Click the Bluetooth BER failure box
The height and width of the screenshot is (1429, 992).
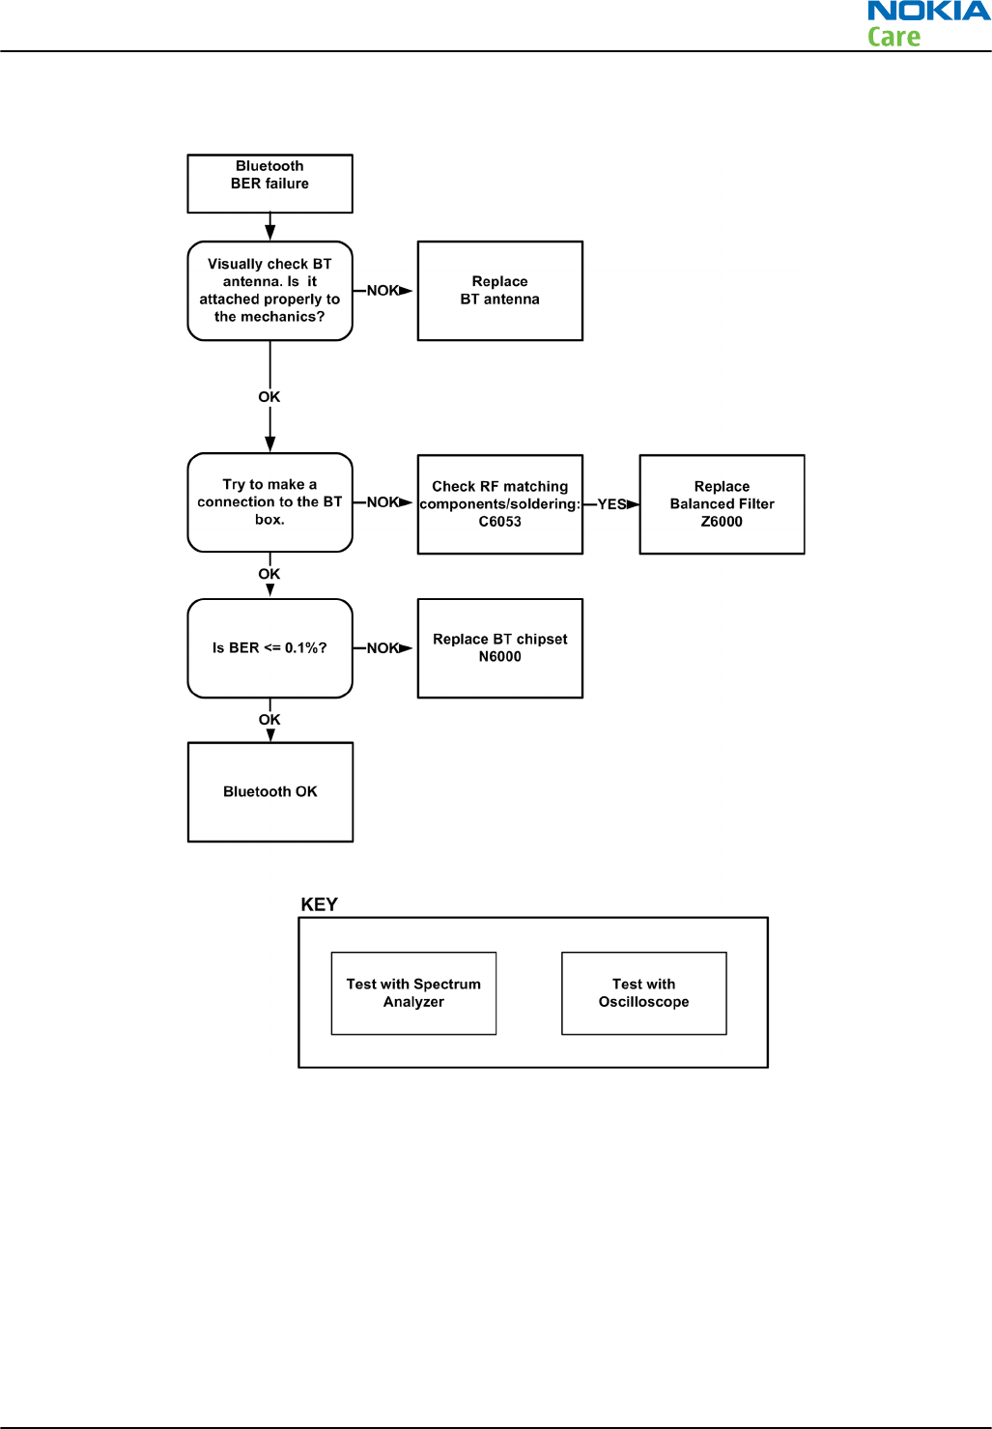click(x=269, y=184)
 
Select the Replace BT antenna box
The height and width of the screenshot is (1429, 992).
click(x=500, y=291)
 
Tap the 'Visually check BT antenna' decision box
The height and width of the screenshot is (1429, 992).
click(x=269, y=291)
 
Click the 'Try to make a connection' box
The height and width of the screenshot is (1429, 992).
click(x=269, y=502)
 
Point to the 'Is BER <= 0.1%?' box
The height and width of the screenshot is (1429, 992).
click(x=269, y=648)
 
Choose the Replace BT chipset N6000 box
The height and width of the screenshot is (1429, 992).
click(x=500, y=648)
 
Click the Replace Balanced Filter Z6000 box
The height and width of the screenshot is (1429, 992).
click(x=723, y=504)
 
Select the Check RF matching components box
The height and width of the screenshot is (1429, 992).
click(x=500, y=504)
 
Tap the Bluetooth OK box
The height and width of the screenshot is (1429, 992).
click(x=270, y=792)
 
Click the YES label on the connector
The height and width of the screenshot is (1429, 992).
click(x=611, y=504)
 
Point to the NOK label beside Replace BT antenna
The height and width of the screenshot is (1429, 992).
click(x=383, y=291)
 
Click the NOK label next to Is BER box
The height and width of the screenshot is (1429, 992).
click(x=383, y=648)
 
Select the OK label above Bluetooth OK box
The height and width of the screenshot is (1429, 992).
click(x=269, y=720)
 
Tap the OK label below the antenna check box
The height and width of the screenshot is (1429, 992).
click(x=269, y=397)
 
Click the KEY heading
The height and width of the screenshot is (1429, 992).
click(x=319, y=904)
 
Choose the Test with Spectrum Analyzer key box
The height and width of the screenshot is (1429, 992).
click(x=414, y=993)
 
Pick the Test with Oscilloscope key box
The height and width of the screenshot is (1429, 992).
click(x=644, y=993)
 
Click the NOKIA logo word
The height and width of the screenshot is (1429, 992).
click(x=929, y=11)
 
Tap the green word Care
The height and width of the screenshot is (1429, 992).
click(x=893, y=37)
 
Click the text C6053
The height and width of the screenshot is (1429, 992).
click(x=500, y=522)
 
